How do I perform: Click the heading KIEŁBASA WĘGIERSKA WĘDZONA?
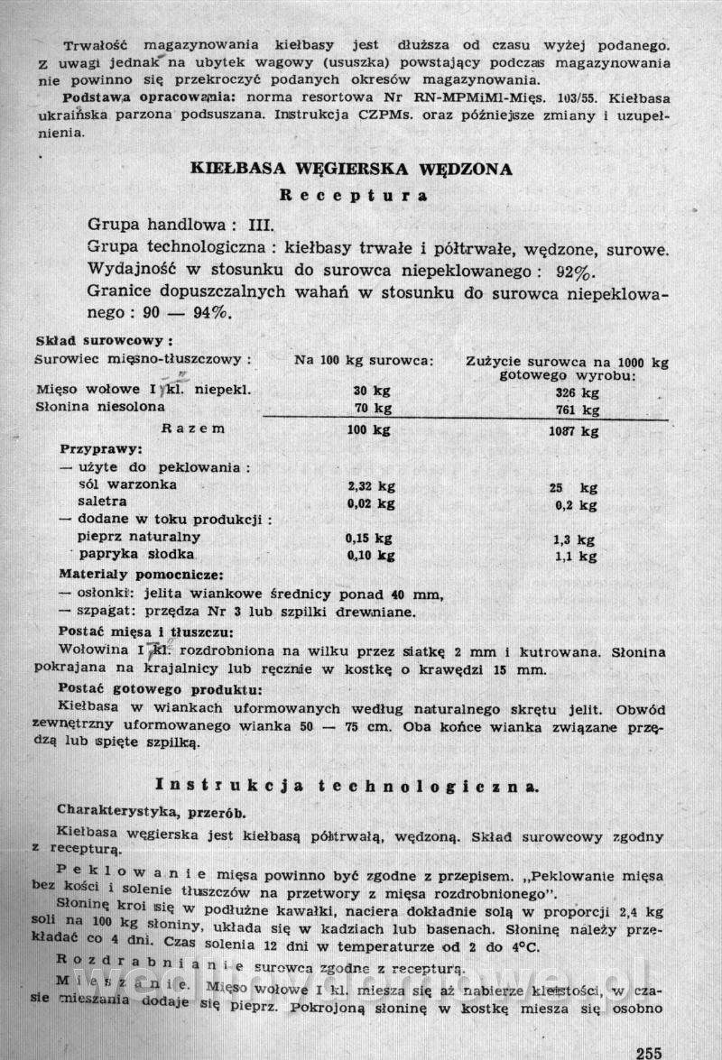(x=352, y=169)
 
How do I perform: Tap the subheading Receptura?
(x=353, y=194)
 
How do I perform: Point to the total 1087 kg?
(x=573, y=430)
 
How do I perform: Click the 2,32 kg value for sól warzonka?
(x=370, y=485)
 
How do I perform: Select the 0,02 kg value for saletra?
(x=370, y=503)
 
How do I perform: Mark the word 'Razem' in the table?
(x=192, y=429)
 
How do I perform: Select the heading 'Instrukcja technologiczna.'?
(x=347, y=786)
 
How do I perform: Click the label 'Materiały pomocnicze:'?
(x=142, y=574)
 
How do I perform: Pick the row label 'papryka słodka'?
(x=136, y=555)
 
